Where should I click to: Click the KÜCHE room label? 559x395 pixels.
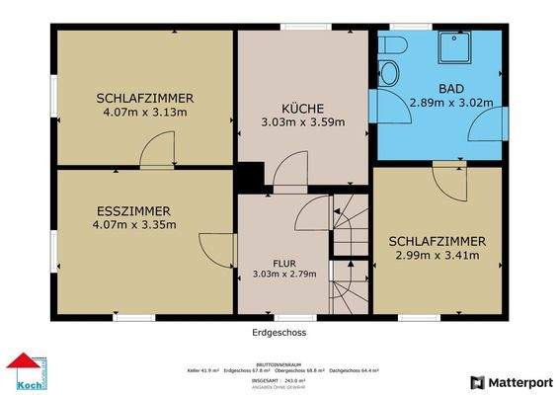pos(303,108)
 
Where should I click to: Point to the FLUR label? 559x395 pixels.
pos(283,263)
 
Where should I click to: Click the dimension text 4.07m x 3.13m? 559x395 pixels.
pos(144,113)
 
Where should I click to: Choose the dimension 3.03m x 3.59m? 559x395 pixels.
pos(303,122)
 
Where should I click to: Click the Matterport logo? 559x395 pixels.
pos(511,381)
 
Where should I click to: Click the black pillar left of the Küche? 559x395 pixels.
pos(250,179)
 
